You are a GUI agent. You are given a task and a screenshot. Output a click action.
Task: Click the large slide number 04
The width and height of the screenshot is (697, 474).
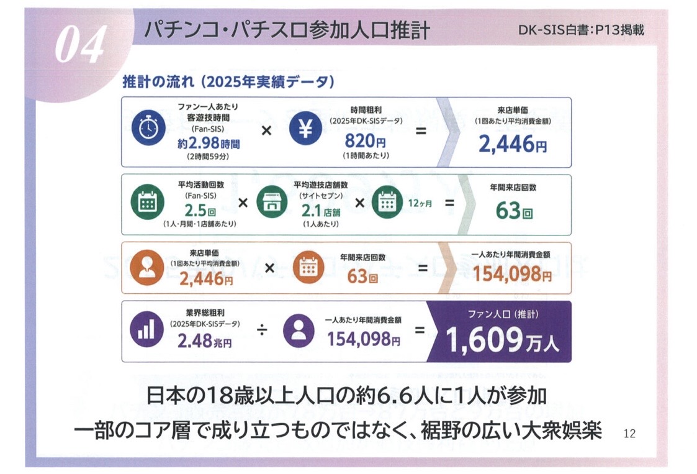[81, 44]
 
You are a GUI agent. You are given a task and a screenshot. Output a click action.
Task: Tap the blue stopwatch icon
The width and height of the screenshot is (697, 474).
[148, 129]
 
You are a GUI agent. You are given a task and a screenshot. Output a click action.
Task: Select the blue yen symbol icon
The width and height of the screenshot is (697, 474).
[305, 129]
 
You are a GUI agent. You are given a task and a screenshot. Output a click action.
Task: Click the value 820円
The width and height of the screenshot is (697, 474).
[366, 141]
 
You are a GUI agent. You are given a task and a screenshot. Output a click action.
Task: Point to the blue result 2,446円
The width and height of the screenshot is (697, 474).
[513, 144]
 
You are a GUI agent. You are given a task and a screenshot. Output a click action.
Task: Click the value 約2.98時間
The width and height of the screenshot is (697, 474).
[209, 144]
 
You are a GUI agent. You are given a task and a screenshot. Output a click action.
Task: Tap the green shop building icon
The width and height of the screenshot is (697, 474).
[272, 203]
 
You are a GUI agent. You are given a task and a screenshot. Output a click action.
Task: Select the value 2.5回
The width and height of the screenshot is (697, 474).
[200, 211]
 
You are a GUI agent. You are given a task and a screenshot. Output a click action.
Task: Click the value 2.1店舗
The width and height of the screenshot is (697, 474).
[320, 211]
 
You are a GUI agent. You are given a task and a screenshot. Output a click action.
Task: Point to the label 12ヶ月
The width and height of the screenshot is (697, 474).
[420, 203]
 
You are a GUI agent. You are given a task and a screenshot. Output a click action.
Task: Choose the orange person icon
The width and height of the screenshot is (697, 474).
[146, 268]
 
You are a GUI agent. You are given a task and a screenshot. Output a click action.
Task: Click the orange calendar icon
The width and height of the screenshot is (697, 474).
[308, 268]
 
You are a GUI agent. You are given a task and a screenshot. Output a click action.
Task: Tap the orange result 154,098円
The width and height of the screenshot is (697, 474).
[512, 273]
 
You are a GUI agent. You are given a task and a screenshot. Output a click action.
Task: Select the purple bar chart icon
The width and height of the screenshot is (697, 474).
[146, 330]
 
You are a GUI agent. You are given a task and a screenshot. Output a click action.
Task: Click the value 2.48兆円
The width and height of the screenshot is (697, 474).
[204, 341]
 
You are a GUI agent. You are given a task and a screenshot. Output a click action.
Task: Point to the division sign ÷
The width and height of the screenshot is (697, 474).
[263, 330]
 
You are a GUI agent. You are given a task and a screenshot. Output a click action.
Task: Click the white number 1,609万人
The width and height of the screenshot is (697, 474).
[502, 340]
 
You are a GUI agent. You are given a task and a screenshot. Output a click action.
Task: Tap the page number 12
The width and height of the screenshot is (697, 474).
[629, 434]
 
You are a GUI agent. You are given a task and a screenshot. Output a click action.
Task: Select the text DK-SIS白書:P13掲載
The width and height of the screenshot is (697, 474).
[581, 30]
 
